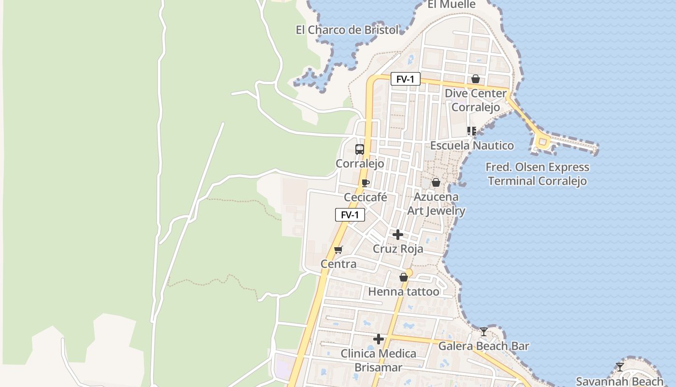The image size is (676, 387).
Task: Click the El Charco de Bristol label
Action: click(348, 30)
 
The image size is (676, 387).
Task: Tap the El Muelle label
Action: click(451, 4)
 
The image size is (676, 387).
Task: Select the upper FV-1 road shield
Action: click(405, 79)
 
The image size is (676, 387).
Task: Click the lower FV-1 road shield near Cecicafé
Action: click(350, 215)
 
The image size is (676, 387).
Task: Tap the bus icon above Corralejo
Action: click(360, 149)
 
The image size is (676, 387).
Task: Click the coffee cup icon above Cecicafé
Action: click(366, 183)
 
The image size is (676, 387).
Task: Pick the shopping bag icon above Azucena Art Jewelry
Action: click(436, 182)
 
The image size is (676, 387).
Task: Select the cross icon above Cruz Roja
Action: click(398, 235)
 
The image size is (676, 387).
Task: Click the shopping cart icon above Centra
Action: click(338, 250)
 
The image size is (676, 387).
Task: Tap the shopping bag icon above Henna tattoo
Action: click(404, 277)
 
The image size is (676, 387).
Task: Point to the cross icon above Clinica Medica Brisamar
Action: click(379, 339)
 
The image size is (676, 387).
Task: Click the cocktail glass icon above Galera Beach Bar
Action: click(484, 332)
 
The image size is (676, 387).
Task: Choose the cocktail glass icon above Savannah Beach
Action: click(620, 367)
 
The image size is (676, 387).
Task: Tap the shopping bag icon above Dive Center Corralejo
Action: click(476, 79)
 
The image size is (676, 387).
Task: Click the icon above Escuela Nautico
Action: click(472, 131)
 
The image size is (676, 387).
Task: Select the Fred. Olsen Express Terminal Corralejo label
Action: click(537, 174)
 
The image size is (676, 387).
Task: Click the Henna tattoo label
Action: click(404, 292)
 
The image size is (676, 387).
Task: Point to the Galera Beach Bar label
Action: click(483, 346)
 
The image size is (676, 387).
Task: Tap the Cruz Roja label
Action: click(398, 249)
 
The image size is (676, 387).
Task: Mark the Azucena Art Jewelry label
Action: click(436, 204)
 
